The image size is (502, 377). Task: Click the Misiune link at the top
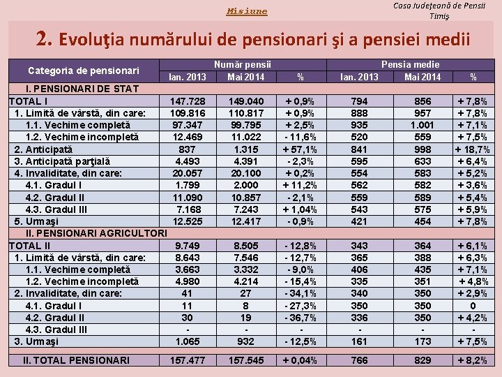point(247,11)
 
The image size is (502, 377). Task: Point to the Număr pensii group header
point(243,64)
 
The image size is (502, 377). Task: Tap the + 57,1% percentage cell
point(301,149)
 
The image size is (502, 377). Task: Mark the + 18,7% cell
point(472,149)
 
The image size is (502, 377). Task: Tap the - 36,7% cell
point(301,317)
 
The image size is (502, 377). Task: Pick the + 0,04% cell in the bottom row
point(301,360)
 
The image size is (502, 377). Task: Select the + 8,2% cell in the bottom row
point(472,360)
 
